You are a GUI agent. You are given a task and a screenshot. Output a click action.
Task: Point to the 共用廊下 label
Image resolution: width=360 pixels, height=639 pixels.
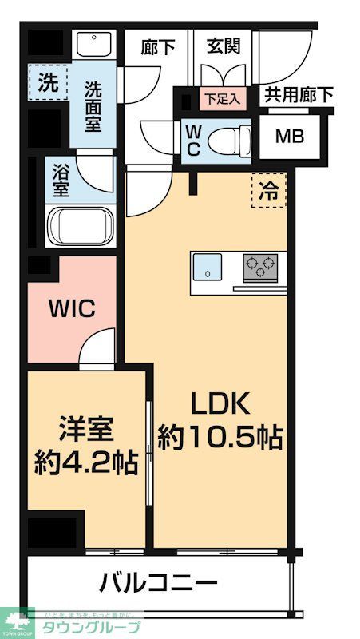tap(299, 95)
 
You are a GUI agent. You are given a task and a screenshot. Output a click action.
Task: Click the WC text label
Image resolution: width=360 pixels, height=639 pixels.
tap(194, 141)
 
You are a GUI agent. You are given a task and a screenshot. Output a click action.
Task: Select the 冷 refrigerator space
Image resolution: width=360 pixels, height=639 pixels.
tap(268, 191)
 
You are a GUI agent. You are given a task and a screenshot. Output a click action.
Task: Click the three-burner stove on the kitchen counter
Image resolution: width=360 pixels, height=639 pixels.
tap(260, 266)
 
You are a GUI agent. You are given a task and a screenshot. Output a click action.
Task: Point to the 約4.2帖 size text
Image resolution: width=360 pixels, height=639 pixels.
tap(86, 461)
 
